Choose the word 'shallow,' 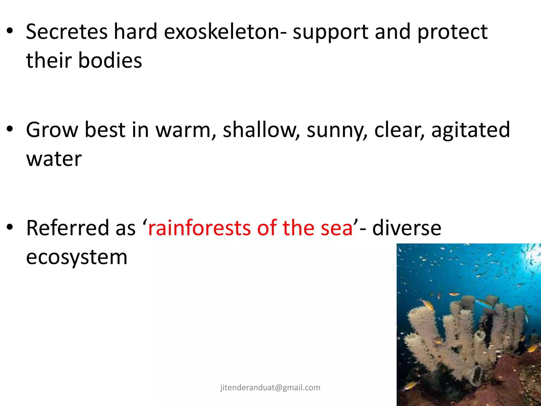[261, 130]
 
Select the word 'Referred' [68, 228]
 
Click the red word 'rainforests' [199, 228]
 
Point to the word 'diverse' [407, 228]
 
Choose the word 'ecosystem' [77, 257]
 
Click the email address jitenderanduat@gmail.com [270, 387]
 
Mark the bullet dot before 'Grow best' [10, 130]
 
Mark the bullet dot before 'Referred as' [10, 227]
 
